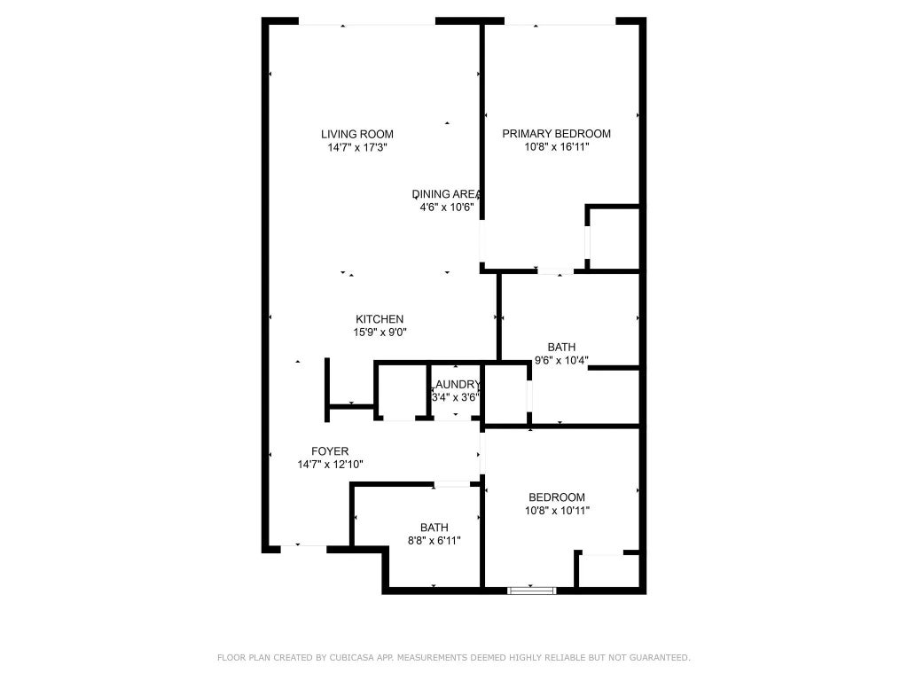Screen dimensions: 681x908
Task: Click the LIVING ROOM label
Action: pyautogui.click(x=357, y=134)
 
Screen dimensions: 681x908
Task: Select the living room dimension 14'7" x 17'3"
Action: pyautogui.click(x=357, y=147)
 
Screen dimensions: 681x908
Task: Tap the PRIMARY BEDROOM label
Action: pyautogui.click(x=557, y=134)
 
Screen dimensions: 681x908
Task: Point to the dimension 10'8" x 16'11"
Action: pyautogui.click(x=557, y=147)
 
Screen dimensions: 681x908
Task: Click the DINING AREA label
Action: pyautogui.click(x=447, y=194)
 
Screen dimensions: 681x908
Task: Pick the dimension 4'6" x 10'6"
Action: pyautogui.click(x=447, y=207)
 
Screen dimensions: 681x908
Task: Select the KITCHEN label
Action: pyautogui.click(x=380, y=319)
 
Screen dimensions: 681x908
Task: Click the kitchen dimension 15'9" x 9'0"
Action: pyautogui.click(x=380, y=333)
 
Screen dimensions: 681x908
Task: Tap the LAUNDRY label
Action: pyautogui.click(x=457, y=385)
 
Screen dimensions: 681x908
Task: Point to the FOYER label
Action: pyautogui.click(x=330, y=451)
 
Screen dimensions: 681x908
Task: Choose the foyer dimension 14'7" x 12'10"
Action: pyautogui.click(x=330, y=465)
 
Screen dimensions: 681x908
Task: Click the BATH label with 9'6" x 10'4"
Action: pyautogui.click(x=561, y=348)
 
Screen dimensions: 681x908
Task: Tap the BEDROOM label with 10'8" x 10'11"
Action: pyautogui.click(x=557, y=497)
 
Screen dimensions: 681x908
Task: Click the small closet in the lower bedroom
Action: pyautogui.click(x=608, y=570)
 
